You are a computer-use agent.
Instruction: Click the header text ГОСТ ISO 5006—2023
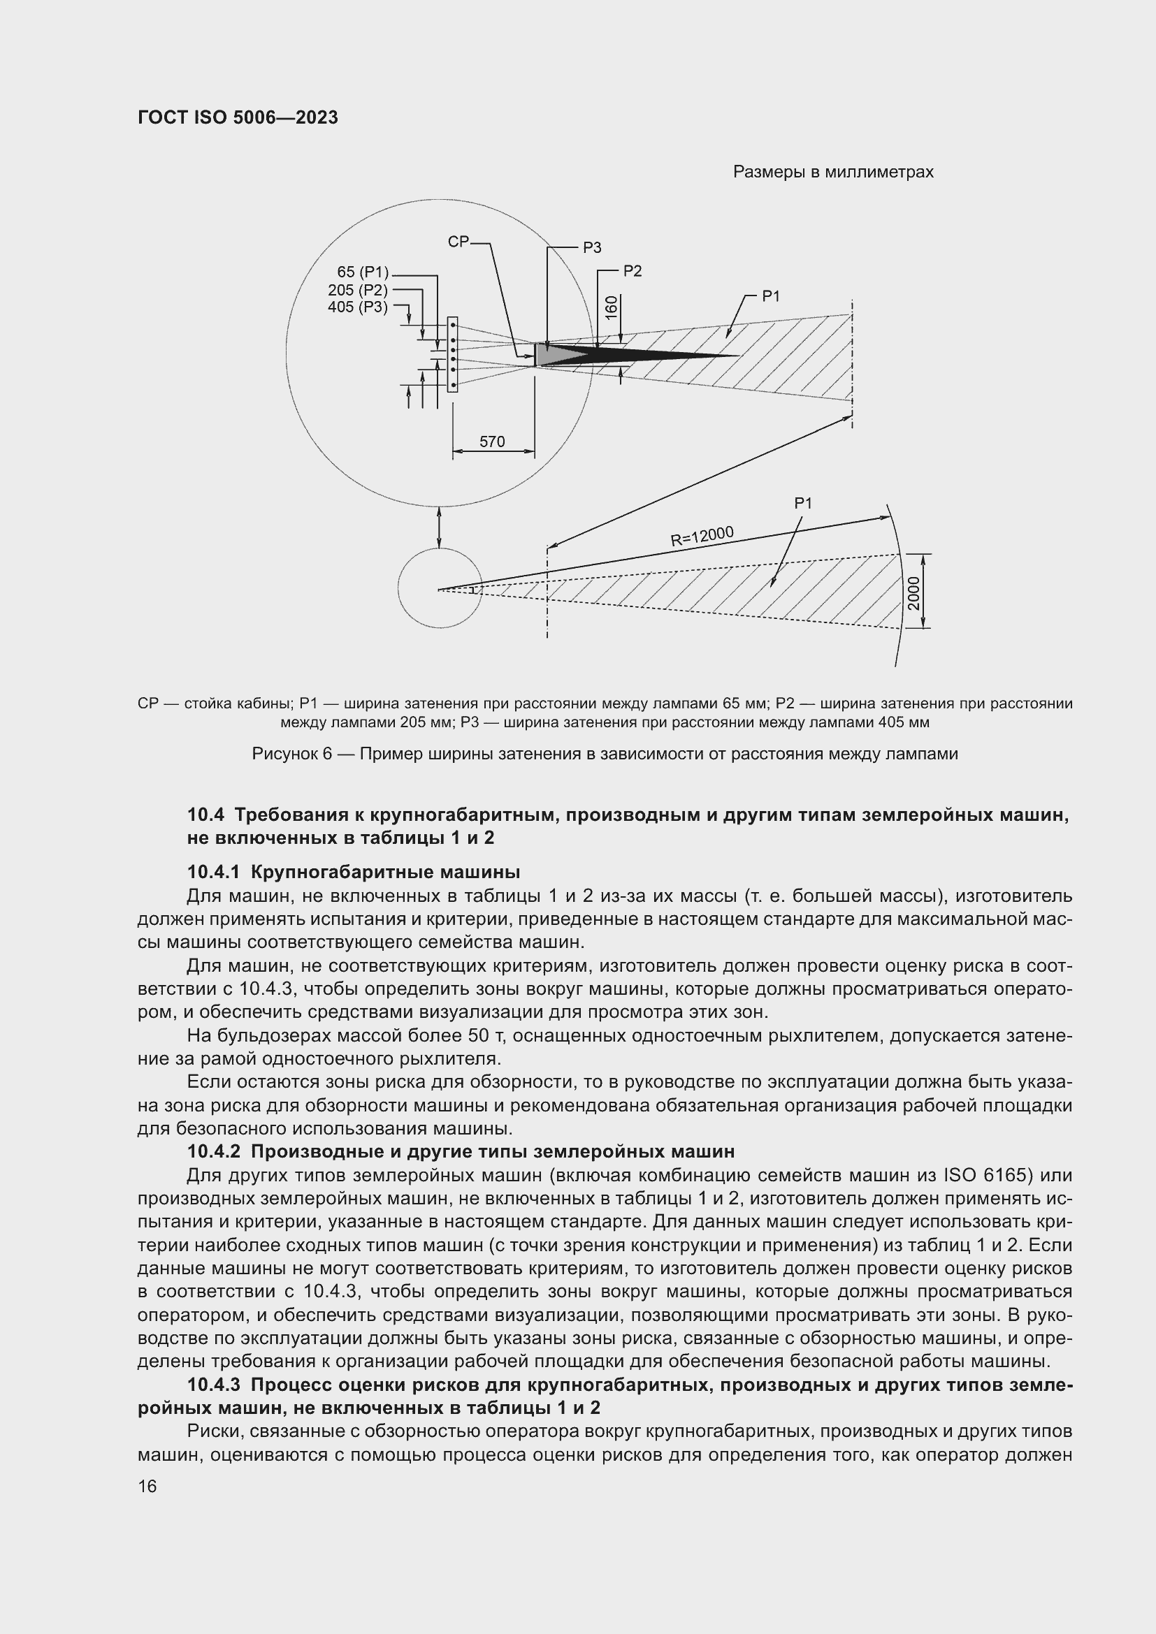238,117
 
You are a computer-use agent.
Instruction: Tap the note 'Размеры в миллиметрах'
833,173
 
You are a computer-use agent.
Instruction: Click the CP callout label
458,242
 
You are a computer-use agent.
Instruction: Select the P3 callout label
591,248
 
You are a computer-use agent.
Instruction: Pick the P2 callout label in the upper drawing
632,271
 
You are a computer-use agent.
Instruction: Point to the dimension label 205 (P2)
357,290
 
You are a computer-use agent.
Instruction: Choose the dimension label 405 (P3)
357,307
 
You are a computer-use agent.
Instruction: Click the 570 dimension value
492,442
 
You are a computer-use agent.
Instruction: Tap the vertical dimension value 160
611,308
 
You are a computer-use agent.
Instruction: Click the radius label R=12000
702,535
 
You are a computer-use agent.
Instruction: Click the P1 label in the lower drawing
803,503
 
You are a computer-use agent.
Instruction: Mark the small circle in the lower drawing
439,588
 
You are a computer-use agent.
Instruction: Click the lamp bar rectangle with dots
453,354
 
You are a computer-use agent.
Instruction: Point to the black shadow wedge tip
737,356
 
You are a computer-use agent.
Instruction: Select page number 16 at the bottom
147,1487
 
